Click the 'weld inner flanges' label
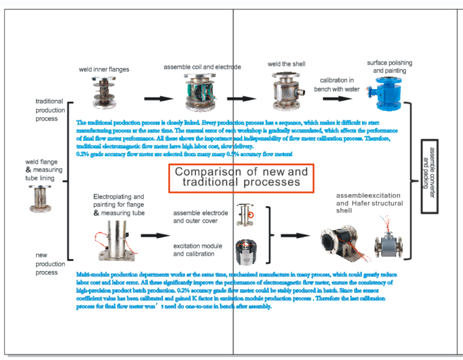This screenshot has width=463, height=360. pyautogui.click(x=104, y=69)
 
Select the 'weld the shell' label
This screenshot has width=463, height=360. pyautogui.click(x=286, y=64)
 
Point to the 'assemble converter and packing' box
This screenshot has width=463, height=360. pyautogui.click(x=430, y=176)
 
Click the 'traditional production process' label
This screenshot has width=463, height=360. pyautogui.click(x=50, y=110)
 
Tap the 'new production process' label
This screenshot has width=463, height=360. pyautogui.click(x=50, y=264)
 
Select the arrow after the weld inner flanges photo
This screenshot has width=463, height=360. pyautogui.click(x=158, y=99)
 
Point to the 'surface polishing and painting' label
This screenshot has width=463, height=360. pyautogui.click(x=389, y=67)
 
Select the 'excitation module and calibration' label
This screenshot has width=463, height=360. pyautogui.click(x=198, y=250)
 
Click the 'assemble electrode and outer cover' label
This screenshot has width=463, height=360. pyautogui.click(x=200, y=217)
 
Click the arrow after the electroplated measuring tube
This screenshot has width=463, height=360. pyautogui.click(x=155, y=236)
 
